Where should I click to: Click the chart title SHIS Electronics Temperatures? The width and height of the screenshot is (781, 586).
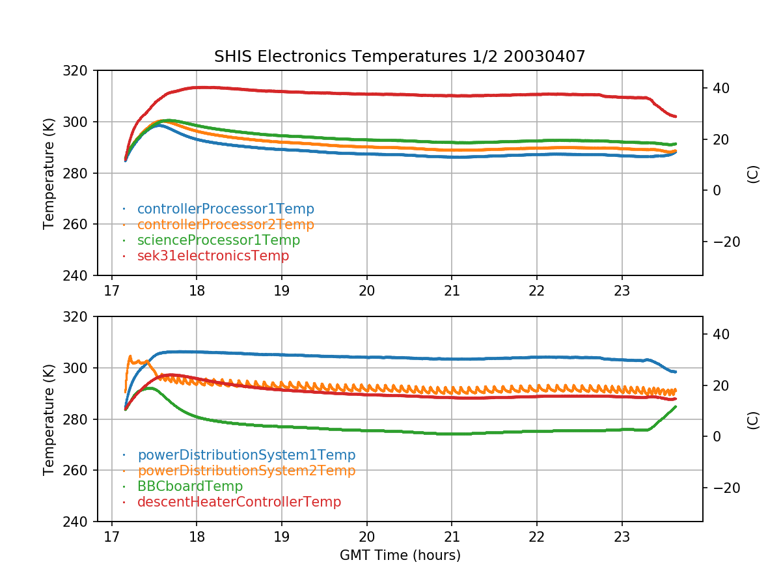(400, 57)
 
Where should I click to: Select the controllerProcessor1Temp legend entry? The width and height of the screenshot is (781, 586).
(225, 209)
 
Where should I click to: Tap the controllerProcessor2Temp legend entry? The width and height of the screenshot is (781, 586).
(225, 225)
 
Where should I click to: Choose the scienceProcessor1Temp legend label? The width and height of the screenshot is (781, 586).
(218, 240)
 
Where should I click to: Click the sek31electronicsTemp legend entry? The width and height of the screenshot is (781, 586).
(213, 256)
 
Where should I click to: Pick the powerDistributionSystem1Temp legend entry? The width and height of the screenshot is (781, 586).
(246, 455)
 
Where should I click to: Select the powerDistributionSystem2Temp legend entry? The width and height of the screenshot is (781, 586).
(246, 471)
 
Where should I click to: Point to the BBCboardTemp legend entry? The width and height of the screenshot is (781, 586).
(189, 486)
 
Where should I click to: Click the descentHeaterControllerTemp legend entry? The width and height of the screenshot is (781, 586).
(239, 502)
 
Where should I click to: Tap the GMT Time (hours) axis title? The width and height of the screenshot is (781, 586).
(400, 555)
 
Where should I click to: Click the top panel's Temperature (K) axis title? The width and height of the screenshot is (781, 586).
(49, 173)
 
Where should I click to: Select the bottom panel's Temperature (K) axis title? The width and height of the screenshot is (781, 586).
(49, 419)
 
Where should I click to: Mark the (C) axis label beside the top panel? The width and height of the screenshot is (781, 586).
(753, 173)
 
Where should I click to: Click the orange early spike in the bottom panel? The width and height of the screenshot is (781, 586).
(130, 357)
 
